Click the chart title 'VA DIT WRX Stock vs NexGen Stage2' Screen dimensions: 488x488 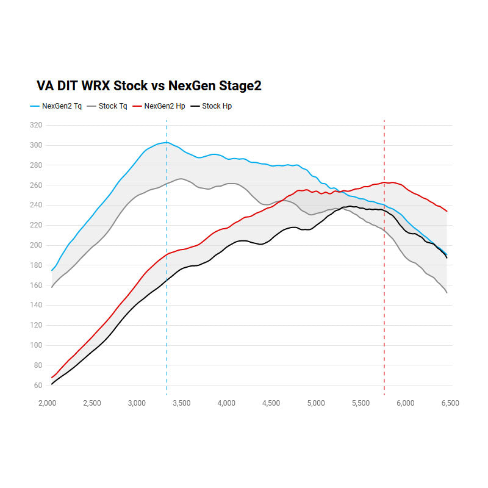pos(149,85)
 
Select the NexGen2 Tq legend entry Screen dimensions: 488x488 pos(58,106)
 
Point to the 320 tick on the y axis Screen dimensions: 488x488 pos(36,125)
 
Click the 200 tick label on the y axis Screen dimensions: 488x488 pos(36,245)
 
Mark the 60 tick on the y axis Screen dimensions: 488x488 pos(38,386)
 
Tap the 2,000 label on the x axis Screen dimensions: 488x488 pos(48,403)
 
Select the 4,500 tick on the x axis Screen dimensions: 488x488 pos(271,403)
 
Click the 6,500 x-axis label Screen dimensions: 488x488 pos(450,403)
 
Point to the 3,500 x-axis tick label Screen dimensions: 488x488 pos(182,403)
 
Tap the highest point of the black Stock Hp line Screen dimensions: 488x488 pos(350,206)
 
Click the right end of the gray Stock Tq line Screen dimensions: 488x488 pos(447,293)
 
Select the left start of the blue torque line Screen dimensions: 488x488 pos(52,270)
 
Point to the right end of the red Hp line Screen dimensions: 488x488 pos(447,211)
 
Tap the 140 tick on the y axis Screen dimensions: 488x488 pos(36,305)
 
